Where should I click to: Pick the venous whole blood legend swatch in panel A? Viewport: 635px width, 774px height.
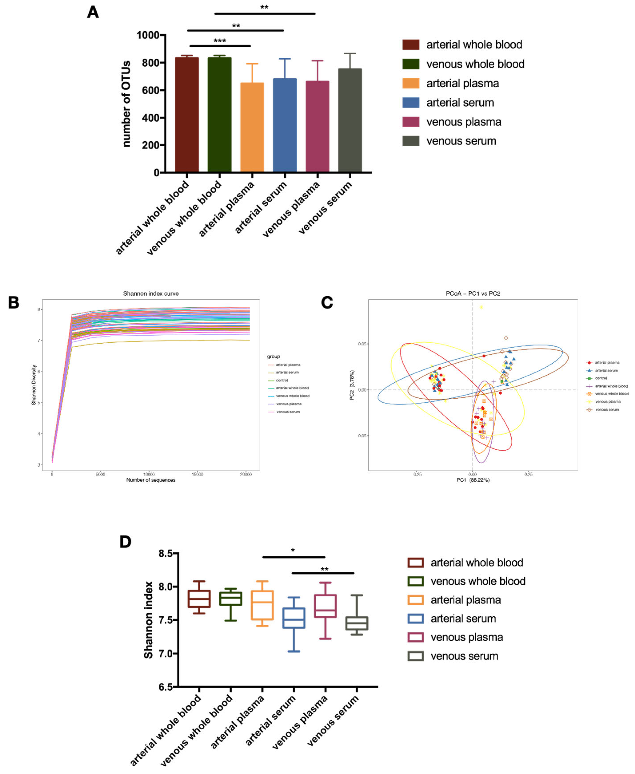point(410,64)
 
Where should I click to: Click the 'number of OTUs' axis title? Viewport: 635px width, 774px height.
point(126,104)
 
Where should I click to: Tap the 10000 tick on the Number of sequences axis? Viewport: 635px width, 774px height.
point(149,474)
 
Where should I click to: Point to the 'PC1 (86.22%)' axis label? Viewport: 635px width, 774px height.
point(473,480)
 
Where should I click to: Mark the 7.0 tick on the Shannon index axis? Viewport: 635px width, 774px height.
point(165,653)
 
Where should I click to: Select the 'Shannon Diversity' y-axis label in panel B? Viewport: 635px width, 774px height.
point(34,385)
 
